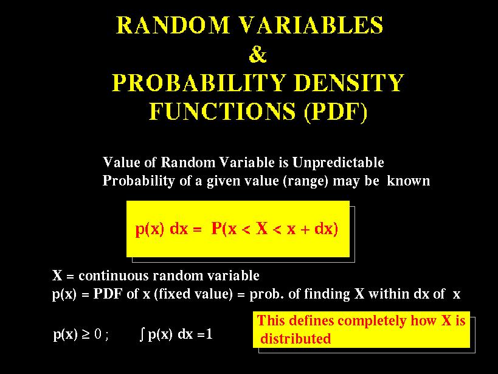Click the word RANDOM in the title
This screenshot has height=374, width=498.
click(x=173, y=25)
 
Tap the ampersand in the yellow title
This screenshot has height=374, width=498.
click(x=258, y=54)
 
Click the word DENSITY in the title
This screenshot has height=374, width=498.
click(x=349, y=83)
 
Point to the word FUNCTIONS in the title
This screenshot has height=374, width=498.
click(x=222, y=111)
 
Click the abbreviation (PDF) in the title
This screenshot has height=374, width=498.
click(x=336, y=112)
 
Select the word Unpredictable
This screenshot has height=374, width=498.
click(x=338, y=163)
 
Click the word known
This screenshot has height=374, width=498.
click(x=409, y=181)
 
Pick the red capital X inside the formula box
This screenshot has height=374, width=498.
click(x=261, y=228)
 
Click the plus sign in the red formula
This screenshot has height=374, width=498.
click(x=305, y=229)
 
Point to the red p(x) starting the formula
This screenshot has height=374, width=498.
click(x=150, y=229)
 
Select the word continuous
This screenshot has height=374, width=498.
click(x=114, y=276)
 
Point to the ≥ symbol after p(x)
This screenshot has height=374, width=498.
click(x=86, y=334)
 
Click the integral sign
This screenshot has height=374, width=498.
click(x=142, y=334)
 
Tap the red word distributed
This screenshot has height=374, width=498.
click(x=296, y=338)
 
